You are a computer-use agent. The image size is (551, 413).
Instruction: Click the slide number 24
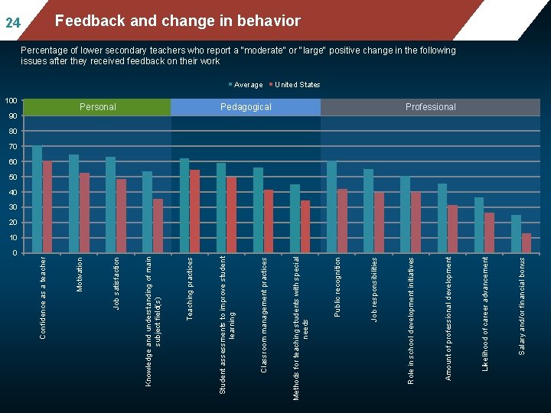pos(13,23)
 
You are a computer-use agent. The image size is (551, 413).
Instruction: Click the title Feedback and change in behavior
pos(178,21)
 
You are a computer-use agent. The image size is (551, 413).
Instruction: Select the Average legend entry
pos(246,85)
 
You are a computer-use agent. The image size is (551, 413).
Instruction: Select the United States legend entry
pos(295,85)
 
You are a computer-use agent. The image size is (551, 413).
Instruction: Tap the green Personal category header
pos(97,107)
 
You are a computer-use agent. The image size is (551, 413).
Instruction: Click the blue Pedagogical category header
pos(246,107)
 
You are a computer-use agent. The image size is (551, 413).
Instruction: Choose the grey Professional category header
pos(430,107)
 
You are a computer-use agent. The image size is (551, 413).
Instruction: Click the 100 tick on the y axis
pos(11,101)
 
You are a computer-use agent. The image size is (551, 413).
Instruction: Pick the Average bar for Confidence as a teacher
pos(37,199)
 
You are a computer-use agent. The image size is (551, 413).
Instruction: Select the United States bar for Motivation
pos(84,213)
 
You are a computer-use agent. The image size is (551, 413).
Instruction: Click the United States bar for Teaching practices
pos(194,211)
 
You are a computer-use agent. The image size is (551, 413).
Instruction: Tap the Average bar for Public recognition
pos(331,206)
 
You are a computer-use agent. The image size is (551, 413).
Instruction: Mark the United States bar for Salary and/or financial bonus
pos(527,243)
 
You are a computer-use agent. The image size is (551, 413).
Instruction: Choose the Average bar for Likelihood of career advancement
pos(479,225)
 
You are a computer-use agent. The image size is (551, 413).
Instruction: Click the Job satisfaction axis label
pos(116,284)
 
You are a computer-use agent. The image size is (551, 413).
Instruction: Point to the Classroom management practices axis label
pos(264,315)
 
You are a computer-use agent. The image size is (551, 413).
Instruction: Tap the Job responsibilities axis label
pos(374,289)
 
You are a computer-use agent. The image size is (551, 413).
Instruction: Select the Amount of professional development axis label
pos(448,319)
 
